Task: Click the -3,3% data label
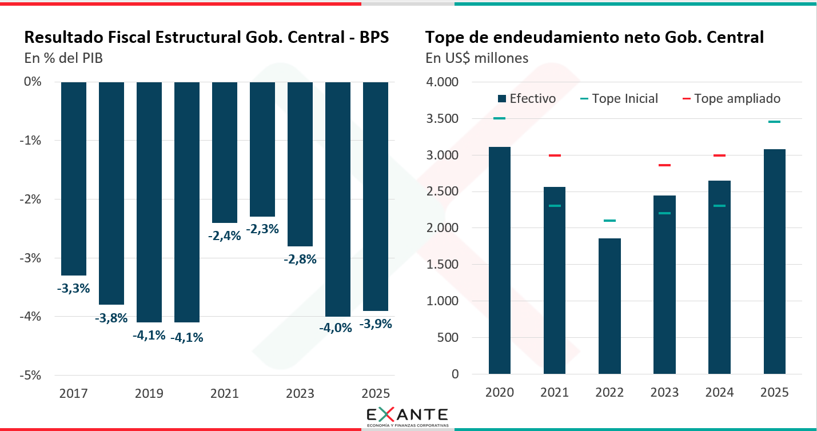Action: pyautogui.click(x=74, y=288)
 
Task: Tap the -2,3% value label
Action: pyautogui.click(x=262, y=229)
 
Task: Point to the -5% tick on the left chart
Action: pyautogui.click(x=33, y=375)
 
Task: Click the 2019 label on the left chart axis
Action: pyautogui.click(x=149, y=393)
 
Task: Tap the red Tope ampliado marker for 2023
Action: pyautogui.click(x=664, y=165)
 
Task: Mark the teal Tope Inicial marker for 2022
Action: pyautogui.click(x=609, y=221)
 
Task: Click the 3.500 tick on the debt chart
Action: pyautogui.click(x=443, y=119)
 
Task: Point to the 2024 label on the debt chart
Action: pyautogui.click(x=719, y=393)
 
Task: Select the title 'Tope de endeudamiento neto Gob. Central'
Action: pyautogui.click(x=595, y=38)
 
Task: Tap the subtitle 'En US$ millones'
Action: pyautogui.click(x=477, y=58)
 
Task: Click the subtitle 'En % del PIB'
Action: pyautogui.click(x=63, y=58)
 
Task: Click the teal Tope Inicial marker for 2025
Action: pyautogui.click(x=774, y=122)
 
